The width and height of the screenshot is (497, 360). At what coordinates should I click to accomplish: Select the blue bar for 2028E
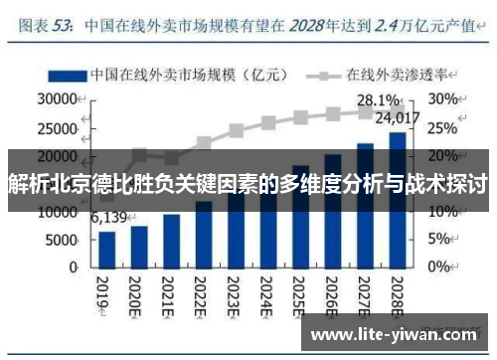point(396,199)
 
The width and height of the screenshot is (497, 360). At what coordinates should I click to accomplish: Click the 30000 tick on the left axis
point(57,99)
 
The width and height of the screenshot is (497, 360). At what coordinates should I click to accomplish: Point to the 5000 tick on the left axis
point(61,240)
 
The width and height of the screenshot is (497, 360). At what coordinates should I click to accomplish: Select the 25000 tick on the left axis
point(57,127)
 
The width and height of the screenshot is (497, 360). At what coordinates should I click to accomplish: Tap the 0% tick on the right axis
point(438,268)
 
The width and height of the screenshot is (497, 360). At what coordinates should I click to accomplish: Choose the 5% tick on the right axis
point(438,240)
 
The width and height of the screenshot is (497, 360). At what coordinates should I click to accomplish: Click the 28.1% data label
point(378,99)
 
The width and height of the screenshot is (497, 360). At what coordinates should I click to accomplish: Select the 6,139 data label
point(108,218)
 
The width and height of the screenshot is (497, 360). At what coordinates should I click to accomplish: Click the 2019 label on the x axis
point(102,293)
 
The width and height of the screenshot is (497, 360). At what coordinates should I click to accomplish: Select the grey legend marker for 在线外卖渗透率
point(325,75)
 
